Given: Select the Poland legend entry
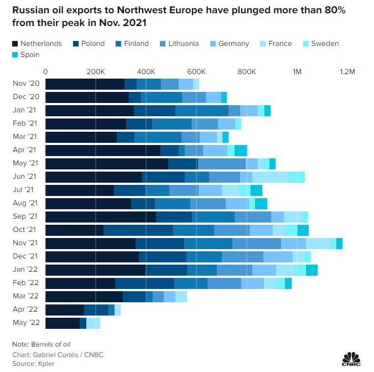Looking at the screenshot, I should pyautogui.click(x=89, y=44).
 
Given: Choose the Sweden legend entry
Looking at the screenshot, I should pyautogui.click(x=321, y=44).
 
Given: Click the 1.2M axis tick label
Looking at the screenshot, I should pyautogui.click(x=347, y=71).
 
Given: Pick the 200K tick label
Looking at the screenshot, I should pyautogui.click(x=96, y=71).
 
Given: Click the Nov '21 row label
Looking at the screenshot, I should pyautogui.click(x=24, y=243).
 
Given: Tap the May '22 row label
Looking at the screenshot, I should pyautogui.click(x=24, y=323).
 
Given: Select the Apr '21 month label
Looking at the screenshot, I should pyautogui.click(x=24, y=150).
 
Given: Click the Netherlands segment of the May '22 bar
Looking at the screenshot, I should pyautogui.click(x=62, y=323).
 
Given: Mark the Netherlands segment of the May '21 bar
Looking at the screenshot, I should pyautogui.click(x=106, y=163).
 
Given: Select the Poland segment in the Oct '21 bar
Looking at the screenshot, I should pyautogui.click(x=138, y=230).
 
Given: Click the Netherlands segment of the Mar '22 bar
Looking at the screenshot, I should pyautogui.click(x=84, y=297).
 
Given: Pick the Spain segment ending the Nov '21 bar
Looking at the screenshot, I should pyautogui.click(x=339, y=244).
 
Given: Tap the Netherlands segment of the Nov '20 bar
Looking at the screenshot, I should pyautogui.click(x=85, y=84).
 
